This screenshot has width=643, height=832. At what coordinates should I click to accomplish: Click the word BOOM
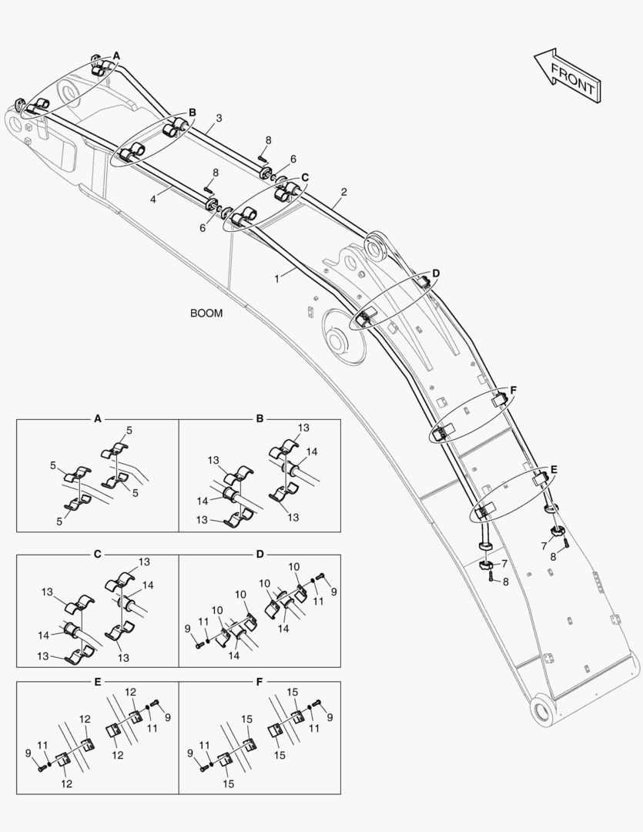[x=206, y=314]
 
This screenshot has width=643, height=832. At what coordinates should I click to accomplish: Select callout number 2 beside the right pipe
[x=343, y=192]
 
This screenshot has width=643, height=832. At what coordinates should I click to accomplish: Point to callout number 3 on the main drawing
[x=219, y=118]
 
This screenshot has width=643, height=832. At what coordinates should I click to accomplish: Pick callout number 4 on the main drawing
[x=153, y=199]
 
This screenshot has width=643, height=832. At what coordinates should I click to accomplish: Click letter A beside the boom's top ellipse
[x=116, y=55]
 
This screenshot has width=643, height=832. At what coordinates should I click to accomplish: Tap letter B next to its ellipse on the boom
[x=193, y=112]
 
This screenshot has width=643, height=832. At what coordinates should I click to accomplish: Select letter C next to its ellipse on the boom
[x=305, y=177]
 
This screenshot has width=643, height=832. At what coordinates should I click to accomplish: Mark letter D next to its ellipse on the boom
[x=436, y=273]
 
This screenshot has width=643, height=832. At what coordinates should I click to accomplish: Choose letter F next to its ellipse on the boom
[x=513, y=391]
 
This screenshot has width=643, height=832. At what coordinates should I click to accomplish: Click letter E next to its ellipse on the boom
[x=554, y=468]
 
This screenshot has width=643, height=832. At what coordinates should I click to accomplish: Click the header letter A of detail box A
[x=98, y=419]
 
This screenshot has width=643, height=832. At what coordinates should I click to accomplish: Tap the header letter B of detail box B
[x=260, y=419]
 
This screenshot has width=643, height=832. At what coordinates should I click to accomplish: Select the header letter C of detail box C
[x=98, y=554]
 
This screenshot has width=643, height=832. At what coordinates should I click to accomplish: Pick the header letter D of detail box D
[x=260, y=554]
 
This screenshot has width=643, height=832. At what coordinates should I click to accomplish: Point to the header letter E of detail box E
[x=98, y=682]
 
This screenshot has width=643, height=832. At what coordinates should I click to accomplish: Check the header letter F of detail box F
[x=260, y=682]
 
